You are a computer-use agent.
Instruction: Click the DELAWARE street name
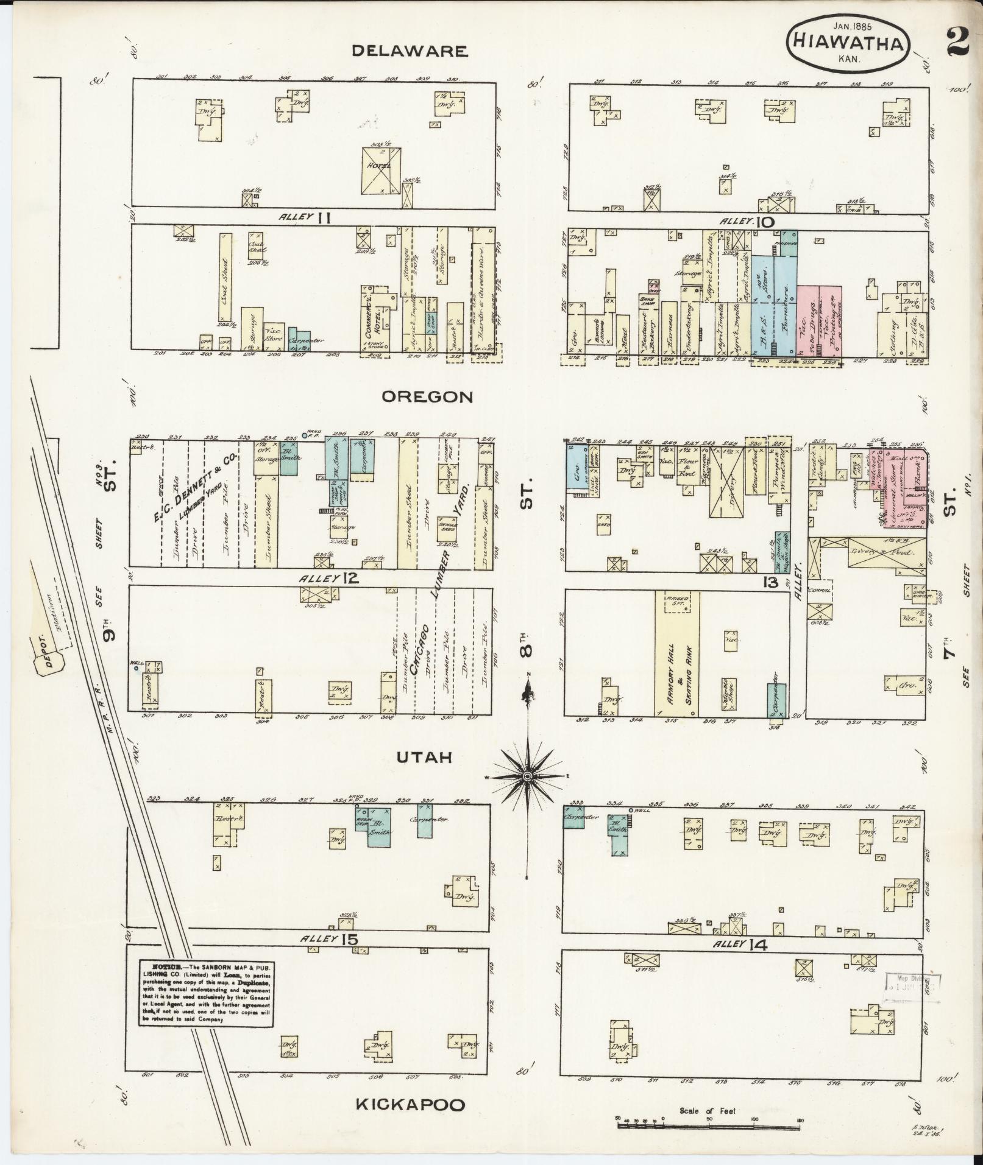tap(410, 51)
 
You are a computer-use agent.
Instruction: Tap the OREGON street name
tap(427, 397)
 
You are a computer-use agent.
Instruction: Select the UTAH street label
tap(424, 757)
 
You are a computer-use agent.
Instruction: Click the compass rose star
tap(528, 775)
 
